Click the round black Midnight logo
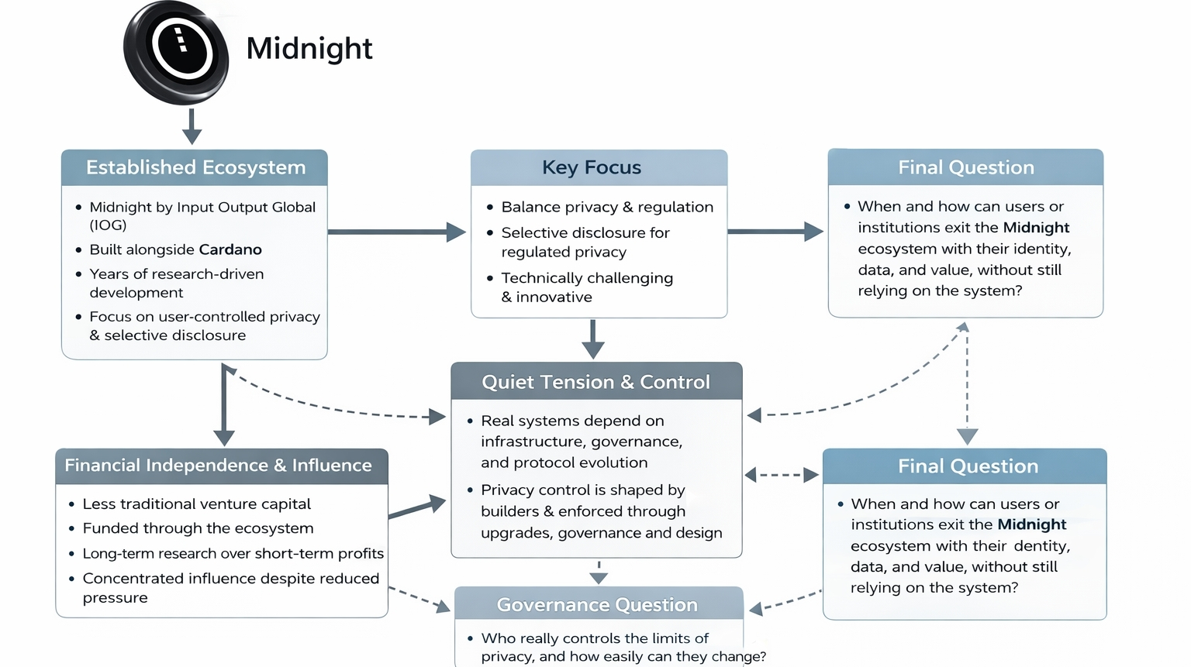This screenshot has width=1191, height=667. pyautogui.click(x=176, y=52)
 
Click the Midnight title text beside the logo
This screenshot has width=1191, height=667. pyautogui.click(x=309, y=48)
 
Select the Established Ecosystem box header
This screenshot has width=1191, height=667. pyautogui.click(x=195, y=167)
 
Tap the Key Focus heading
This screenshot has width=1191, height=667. pyautogui.click(x=592, y=167)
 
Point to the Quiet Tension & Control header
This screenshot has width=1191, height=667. pyautogui.click(x=595, y=382)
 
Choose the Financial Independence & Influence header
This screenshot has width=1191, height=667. pyautogui.click(x=219, y=466)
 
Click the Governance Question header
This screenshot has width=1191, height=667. pyautogui.click(x=597, y=604)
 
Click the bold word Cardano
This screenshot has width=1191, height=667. pyautogui.click(x=230, y=249)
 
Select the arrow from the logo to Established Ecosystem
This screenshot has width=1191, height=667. pyautogui.click(x=192, y=125)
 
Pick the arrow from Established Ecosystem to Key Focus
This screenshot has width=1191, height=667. pyautogui.click(x=396, y=232)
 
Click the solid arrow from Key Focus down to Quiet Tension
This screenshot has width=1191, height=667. pyautogui.click(x=593, y=339)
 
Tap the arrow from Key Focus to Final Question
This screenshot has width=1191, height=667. pyautogui.click(x=775, y=231)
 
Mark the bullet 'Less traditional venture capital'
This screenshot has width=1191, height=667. pyautogui.click(x=196, y=504)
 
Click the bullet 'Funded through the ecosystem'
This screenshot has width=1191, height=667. pyautogui.click(x=198, y=528)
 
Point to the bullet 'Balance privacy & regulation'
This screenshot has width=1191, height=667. pyautogui.click(x=606, y=207)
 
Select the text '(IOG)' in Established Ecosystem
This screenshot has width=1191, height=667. pyautogui.click(x=108, y=225)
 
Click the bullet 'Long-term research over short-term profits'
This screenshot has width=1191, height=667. pyautogui.click(x=233, y=553)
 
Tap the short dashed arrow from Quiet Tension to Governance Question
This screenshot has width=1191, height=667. pyautogui.click(x=599, y=572)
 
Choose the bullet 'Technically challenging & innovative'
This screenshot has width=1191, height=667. pyautogui.click(x=586, y=287)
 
